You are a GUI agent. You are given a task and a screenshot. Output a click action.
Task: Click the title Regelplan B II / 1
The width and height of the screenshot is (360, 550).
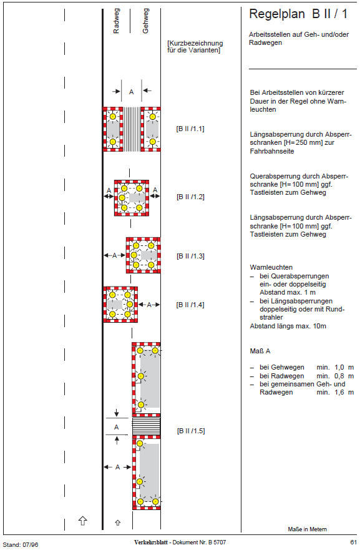click(298, 14)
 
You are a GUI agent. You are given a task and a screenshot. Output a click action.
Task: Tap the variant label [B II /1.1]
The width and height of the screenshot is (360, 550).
click(190, 129)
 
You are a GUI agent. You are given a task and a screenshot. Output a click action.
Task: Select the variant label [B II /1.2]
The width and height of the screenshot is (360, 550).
click(190, 197)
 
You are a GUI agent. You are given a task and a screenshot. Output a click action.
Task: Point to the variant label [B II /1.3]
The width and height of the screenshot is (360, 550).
click(190, 256)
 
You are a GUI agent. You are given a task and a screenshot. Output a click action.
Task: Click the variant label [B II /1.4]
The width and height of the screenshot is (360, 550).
click(190, 305)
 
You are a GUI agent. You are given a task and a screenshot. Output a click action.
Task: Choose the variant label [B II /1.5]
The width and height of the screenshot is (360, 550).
click(191, 431)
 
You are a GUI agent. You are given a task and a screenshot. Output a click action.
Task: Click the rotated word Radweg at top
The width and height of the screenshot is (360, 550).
click(117, 21)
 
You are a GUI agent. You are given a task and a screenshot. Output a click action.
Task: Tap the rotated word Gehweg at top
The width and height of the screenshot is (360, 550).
click(145, 21)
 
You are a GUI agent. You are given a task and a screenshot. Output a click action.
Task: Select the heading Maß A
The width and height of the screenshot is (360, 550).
click(260, 351)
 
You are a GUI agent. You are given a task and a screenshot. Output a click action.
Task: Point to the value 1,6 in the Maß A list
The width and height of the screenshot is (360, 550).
click(339, 393)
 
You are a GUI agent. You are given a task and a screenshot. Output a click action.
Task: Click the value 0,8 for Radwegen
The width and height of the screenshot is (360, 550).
click(339, 376)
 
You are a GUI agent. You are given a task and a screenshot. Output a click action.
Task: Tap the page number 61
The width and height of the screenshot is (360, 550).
click(353, 543)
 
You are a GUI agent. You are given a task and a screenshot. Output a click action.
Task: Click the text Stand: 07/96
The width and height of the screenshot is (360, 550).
click(21, 545)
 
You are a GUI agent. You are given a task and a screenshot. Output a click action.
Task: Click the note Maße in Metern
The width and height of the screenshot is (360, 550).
click(308, 529)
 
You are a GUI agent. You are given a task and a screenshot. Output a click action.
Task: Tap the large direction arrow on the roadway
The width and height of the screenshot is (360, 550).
click(83, 521)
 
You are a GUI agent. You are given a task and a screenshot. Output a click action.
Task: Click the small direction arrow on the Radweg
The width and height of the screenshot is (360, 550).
click(118, 523)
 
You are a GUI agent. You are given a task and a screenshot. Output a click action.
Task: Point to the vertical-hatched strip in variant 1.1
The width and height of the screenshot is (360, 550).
click(132, 129)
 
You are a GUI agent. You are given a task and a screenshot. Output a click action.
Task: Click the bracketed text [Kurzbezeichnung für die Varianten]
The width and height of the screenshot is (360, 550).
click(195, 47)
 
